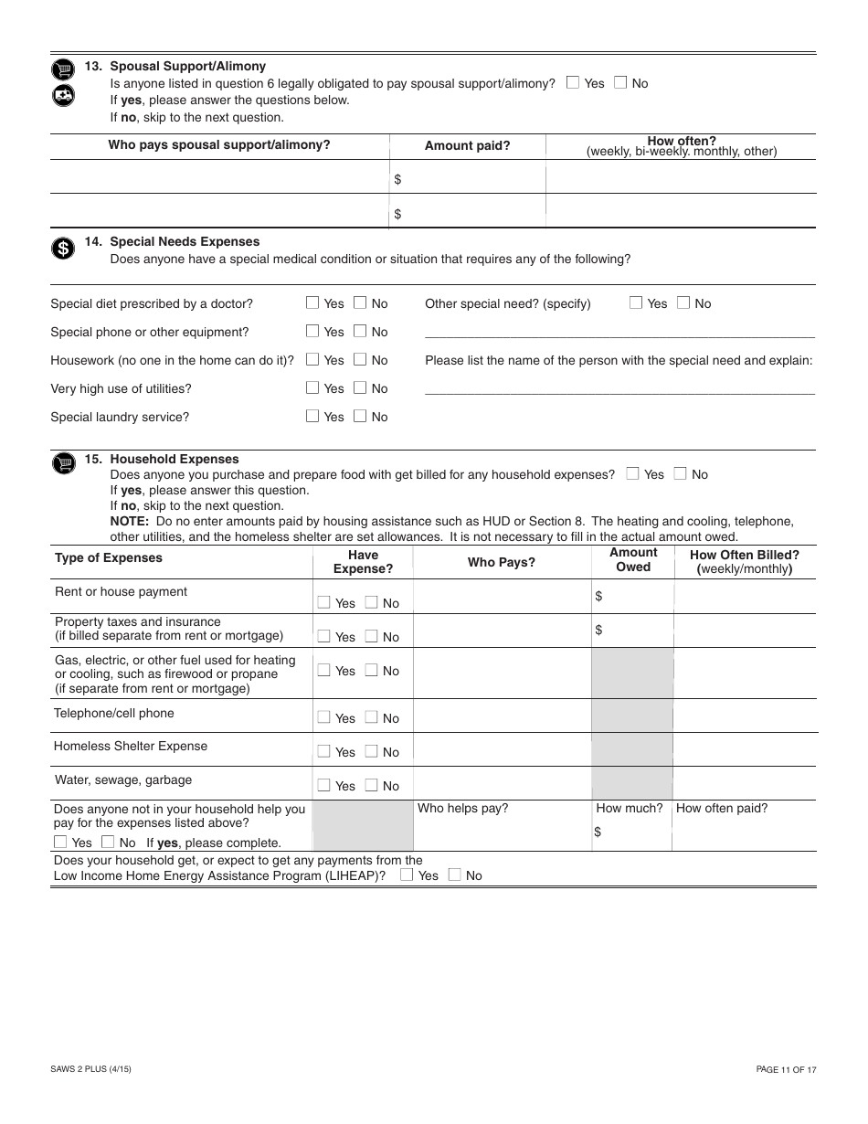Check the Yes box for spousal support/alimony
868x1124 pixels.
(x=573, y=82)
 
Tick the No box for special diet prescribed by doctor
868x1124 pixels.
(x=360, y=302)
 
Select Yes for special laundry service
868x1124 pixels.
(x=312, y=416)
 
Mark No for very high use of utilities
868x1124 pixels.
(x=360, y=387)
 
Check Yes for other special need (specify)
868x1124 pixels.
(x=636, y=302)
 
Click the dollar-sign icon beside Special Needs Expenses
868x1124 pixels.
(x=62, y=249)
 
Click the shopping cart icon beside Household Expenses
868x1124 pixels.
(x=62, y=464)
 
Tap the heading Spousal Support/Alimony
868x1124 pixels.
(x=187, y=66)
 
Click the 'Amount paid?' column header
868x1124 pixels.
(x=467, y=145)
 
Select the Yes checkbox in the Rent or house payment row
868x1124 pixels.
(x=323, y=602)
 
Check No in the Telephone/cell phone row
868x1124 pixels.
(x=371, y=717)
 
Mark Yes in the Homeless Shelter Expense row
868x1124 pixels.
(x=323, y=751)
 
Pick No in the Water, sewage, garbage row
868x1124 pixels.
(x=371, y=785)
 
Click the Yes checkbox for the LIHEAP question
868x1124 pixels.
(x=407, y=875)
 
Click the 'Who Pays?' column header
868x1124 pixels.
(x=502, y=562)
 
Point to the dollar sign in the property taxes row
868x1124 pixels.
(x=598, y=630)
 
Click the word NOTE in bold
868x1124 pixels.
(x=129, y=522)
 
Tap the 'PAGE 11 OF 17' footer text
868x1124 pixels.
(x=786, y=1069)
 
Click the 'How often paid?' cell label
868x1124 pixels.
(x=722, y=808)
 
